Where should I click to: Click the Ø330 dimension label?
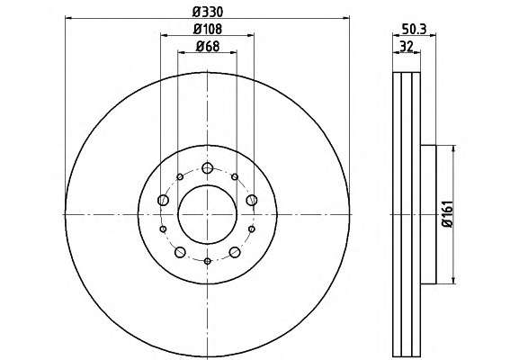pos(208,12)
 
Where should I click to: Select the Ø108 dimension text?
pos(208,30)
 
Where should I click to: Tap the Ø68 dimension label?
pos(208,47)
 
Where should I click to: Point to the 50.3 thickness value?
pos(414,30)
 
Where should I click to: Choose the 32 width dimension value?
pos(407,47)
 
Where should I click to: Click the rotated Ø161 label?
pos(447,214)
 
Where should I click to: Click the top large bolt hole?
pos(207,168)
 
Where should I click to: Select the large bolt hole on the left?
pos(163,200)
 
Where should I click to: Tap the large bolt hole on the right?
pos(252,200)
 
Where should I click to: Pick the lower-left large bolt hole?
pos(180,252)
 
